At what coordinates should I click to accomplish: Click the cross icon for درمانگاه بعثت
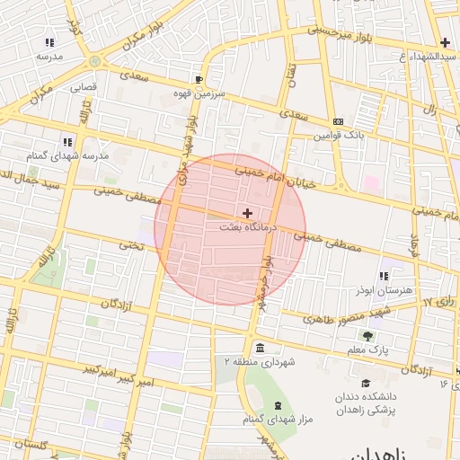[x=248, y=213]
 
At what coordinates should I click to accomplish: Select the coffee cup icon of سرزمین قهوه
[x=199, y=78]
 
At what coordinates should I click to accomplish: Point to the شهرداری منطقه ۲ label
[x=260, y=362]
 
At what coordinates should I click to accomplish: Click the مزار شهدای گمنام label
[x=277, y=419]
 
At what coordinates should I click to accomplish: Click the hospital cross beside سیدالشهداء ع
[x=445, y=42]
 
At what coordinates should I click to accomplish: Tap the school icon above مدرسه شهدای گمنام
[x=66, y=141]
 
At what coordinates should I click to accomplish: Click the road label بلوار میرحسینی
[x=340, y=33]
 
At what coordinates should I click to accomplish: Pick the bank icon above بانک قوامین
[x=338, y=121]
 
